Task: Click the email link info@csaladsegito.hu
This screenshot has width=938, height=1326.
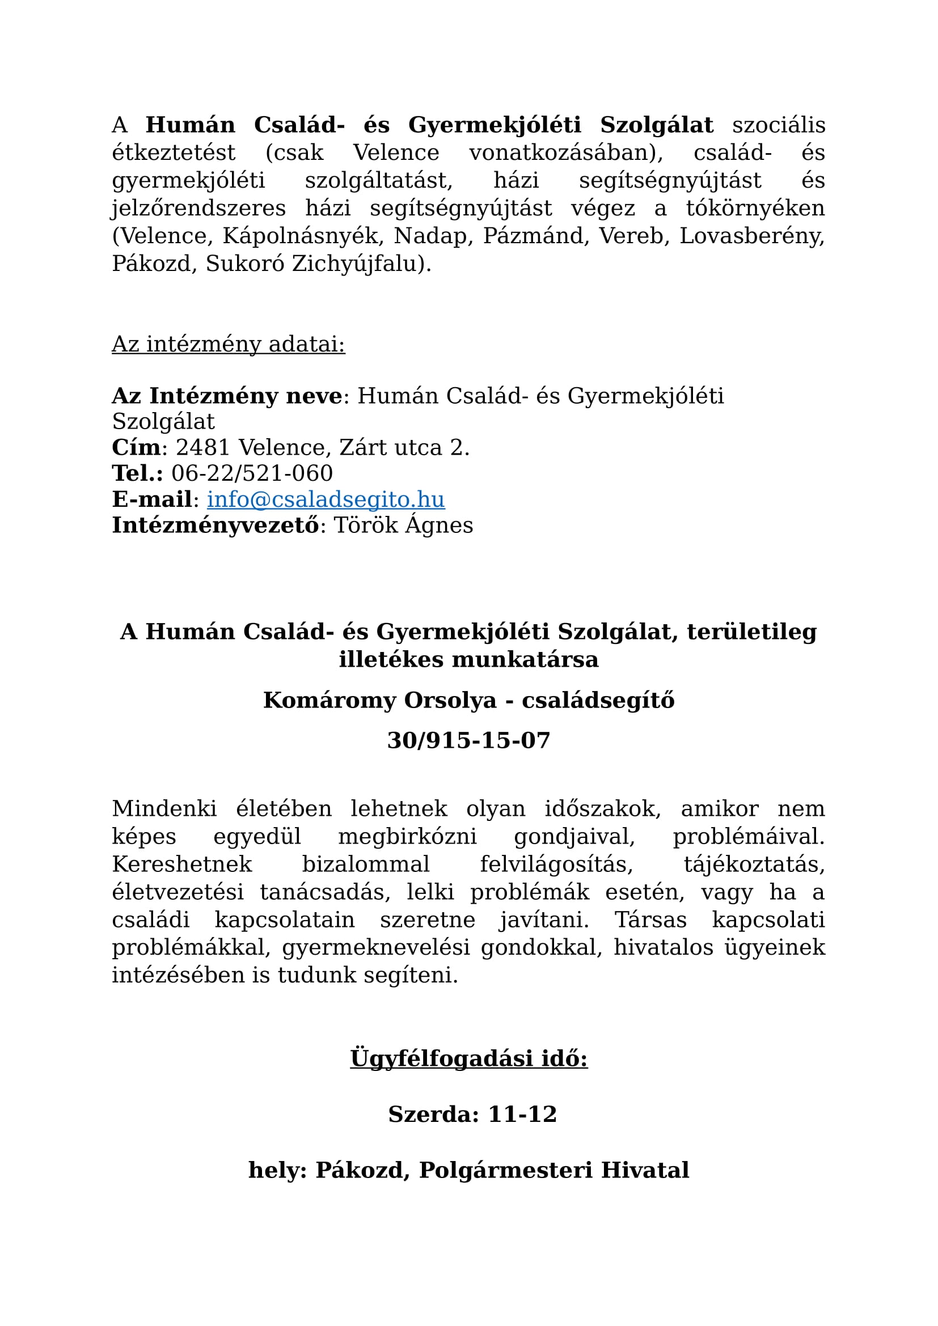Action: (326, 499)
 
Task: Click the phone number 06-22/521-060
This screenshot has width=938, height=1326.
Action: (252, 473)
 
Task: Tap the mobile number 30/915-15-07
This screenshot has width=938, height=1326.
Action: (468, 741)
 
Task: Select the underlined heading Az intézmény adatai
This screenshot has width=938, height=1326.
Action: (228, 344)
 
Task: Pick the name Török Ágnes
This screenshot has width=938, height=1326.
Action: (403, 525)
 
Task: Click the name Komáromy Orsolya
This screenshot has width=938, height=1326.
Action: (379, 701)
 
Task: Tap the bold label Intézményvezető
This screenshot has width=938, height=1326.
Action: (215, 525)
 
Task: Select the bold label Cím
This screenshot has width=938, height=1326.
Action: (136, 448)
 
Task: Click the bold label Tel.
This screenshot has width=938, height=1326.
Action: (135, 473)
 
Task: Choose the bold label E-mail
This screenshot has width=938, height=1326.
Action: (152, 499)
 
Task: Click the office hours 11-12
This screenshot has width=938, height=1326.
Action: (522, 1114)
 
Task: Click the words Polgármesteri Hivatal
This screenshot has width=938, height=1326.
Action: (554, 1170)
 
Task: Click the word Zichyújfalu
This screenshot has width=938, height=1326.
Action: (361, 264)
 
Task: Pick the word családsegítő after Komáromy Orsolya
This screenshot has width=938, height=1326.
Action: (598, 701)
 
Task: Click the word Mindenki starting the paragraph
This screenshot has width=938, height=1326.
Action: (164, 809)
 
